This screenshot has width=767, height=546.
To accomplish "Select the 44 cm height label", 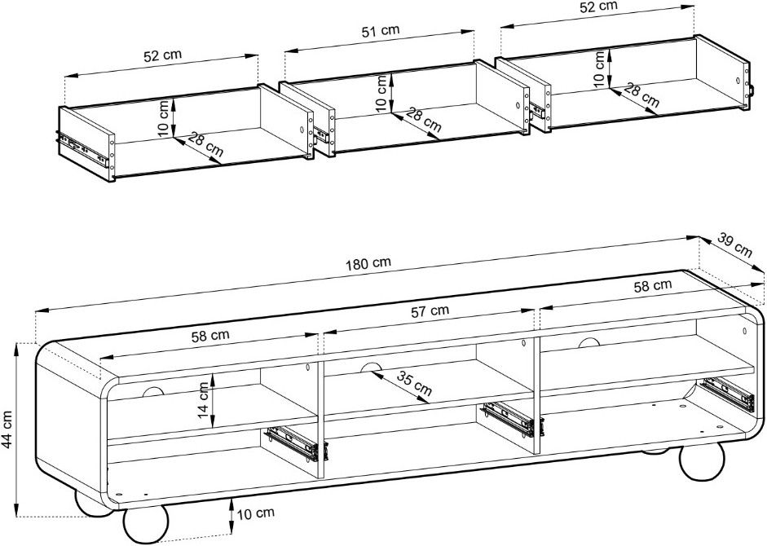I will tap(11, 430).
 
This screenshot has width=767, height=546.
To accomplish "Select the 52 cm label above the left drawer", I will tap(162, 56).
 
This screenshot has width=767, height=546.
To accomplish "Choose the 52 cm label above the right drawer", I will tap(598, 7).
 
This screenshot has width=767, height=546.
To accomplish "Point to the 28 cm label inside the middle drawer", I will tap(424, 121).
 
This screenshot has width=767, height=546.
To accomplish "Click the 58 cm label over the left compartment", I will tap(209, 335).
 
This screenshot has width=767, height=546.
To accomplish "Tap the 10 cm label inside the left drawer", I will tap(163, 118).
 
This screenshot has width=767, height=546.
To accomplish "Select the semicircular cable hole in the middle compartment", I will tap(371, 368).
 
